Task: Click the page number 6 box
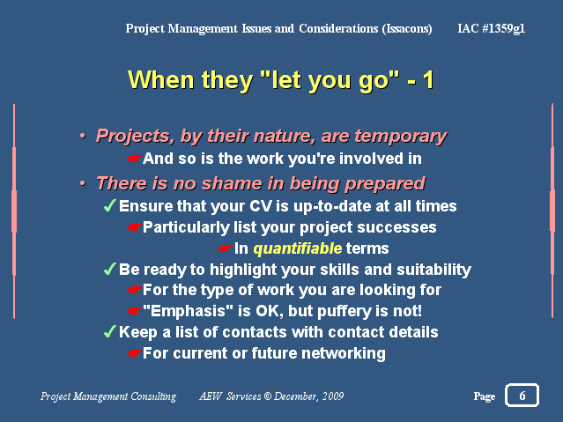[522, 395]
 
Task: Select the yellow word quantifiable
[297, 248]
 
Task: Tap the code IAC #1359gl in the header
[491, 28]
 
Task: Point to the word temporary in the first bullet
[400, 137]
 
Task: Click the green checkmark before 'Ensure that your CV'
[109, 205]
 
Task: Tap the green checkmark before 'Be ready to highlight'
[109, 269]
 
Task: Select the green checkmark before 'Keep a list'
[109, 331]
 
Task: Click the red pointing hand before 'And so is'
[134, 159]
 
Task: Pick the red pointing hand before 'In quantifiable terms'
[226, 248]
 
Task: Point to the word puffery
[344, 311]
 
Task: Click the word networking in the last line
[344, 353]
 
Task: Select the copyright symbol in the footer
[268, 396]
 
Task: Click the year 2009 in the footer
[333, 396]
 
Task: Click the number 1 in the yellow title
[428, 80]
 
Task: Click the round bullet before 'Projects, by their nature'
[83, 136]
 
